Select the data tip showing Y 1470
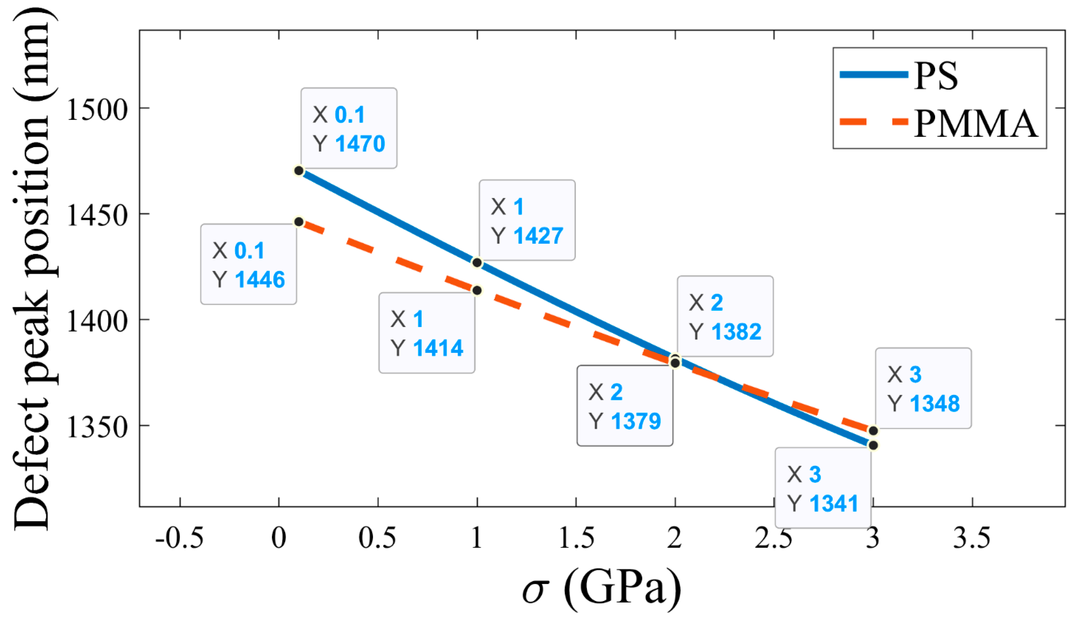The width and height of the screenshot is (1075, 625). pyautogui.click(x=349, y=128)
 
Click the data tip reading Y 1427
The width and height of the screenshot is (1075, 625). pyautogui.click(x=527, y=220)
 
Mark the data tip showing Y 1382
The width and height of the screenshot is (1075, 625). pyautogui.click(x=725, y=316)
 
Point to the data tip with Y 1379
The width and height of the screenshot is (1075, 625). pyautogui.click(x=625, y=406)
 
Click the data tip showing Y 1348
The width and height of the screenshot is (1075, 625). pyautogui.click(x=923, y=388)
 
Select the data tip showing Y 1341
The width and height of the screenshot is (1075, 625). pyautogui.click(x=823, y=488)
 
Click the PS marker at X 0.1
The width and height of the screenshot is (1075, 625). pyautogui.click(x=299, y=171)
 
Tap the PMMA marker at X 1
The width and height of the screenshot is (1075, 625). pyautogui.click(x=477, y=290)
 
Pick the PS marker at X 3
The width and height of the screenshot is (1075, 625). pyautogui.click(x=873, y=445)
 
